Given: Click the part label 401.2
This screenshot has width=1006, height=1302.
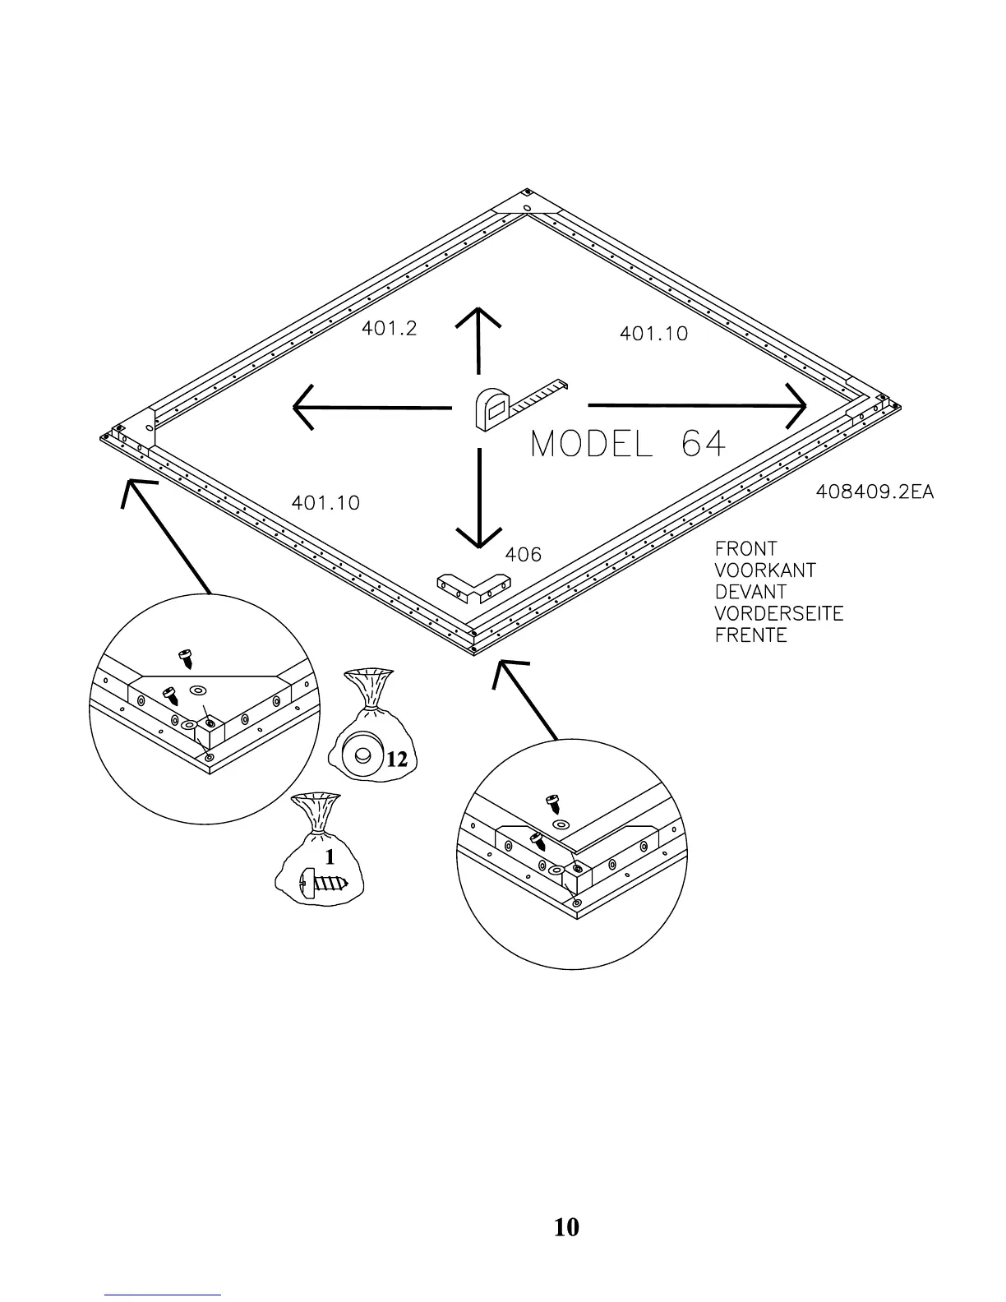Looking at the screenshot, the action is point(389,329).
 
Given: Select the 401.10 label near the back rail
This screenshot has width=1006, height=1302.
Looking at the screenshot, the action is point(653,334).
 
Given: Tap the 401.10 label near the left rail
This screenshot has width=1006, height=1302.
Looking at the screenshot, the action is point(325,502).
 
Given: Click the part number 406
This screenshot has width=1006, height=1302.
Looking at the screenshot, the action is point(523,555).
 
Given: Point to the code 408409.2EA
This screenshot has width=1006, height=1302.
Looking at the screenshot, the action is point(874,492).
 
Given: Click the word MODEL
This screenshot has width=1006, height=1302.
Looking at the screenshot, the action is point(592,445).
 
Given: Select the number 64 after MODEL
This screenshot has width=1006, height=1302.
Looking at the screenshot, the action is point(704,445).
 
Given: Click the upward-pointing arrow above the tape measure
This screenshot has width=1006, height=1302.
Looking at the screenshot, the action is point(478,341).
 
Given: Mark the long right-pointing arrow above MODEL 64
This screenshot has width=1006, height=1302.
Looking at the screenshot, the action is point(697,405).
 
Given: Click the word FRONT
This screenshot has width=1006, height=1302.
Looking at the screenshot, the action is point(745,548).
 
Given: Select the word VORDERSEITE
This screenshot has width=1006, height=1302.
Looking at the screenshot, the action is point(778,613).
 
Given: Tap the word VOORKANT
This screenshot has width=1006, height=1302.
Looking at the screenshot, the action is point(764,570).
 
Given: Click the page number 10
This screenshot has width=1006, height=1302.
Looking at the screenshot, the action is point(566,1227).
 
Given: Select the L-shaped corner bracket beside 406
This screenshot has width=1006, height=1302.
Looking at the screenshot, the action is point(473,587).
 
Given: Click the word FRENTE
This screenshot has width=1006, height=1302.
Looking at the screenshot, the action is point(750,635).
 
